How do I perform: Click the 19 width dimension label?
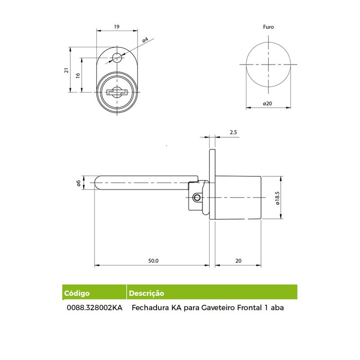(117, 27)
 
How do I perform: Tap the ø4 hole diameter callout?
(145, 40)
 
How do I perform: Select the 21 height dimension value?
(67, 70)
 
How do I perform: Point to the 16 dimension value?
(78, 75)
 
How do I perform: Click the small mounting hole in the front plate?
(117, 58)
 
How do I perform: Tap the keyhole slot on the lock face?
(117, 92)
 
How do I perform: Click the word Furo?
(268, 27)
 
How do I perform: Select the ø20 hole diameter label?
(267, 103)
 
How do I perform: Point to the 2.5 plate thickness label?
(233, 132)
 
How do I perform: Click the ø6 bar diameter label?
(78, 183)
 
